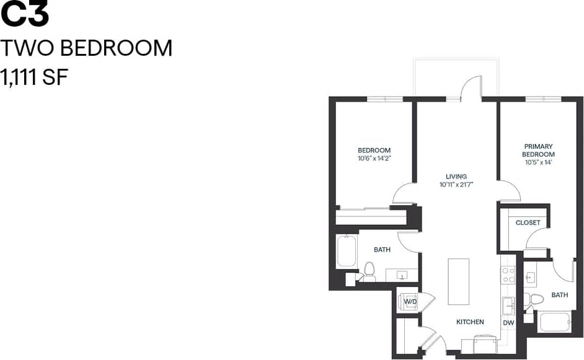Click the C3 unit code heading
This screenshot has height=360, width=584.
[24, 15]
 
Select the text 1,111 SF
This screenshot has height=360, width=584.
[34, 78]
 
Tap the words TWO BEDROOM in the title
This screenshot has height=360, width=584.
[86, 48]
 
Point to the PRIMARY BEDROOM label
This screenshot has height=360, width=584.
[538, 150]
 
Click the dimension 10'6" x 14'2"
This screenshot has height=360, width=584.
[374, 159]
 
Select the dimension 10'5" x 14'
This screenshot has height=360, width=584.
[538, 162]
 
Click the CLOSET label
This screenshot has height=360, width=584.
[528, 222]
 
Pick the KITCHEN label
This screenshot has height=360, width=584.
[470, 322]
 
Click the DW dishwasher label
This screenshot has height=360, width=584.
[508, 323]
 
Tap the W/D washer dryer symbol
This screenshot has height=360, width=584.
[410, 302]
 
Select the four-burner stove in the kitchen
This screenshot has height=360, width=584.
[508, 274]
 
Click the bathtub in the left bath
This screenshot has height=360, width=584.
[347, 252]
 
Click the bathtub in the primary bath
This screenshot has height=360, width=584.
[555, 322]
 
